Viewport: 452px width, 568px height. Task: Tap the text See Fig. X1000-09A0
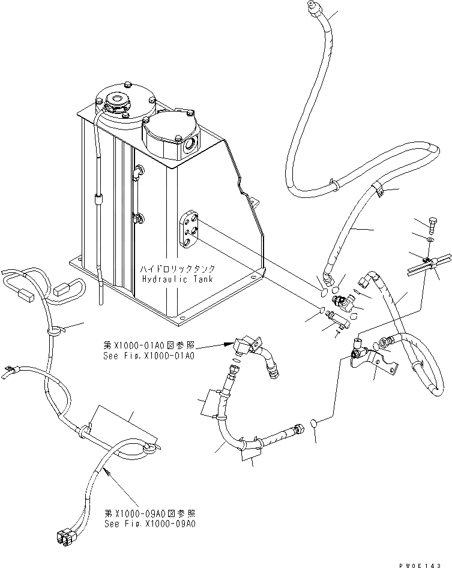click(149, 524)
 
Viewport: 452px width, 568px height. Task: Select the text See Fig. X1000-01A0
click(149, 356)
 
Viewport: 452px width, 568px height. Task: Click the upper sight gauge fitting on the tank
click(137, 173)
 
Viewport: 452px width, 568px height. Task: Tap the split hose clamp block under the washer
click(427, 264)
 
